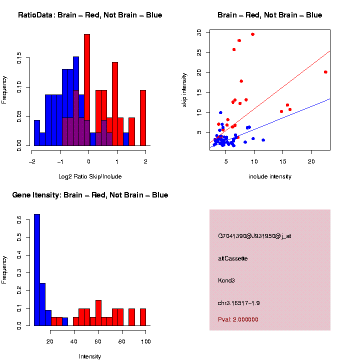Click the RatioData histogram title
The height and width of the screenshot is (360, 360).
click(90, 15)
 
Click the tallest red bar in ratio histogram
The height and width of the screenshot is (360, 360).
click(87, 90)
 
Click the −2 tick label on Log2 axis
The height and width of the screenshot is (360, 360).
click(32, 161)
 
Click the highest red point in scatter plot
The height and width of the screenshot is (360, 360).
click(252, 34)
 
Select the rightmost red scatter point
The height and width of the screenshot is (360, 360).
click(325, 72)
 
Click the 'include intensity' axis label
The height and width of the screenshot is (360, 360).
click(269, 176)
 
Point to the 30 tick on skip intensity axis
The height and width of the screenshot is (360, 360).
click(199, 32)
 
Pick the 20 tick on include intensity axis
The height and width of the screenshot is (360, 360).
click(311, 161)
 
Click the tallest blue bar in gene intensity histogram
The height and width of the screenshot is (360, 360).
click(37, 270)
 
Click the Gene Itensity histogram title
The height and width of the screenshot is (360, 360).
click(90, 195)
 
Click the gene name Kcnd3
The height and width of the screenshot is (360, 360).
click(227, 280)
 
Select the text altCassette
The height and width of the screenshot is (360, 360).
click(233, 258)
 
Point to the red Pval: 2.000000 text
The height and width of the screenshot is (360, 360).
click(238, 319)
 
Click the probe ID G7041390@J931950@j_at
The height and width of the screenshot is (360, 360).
click(254, 236)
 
